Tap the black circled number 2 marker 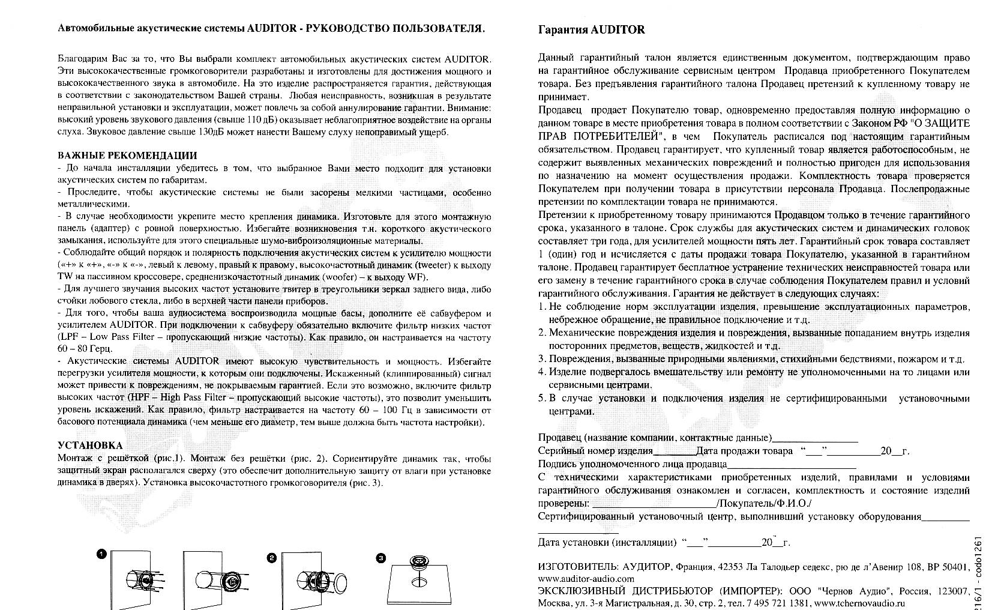tap(271, 558)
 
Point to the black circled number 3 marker tap(380, 558)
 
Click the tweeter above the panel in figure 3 tap(418, 562)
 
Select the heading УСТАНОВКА tap(90, 445)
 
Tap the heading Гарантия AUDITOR tap(591, 29)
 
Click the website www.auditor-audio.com tap(586, 579)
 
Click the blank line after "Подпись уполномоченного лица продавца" tap(792, 464)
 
